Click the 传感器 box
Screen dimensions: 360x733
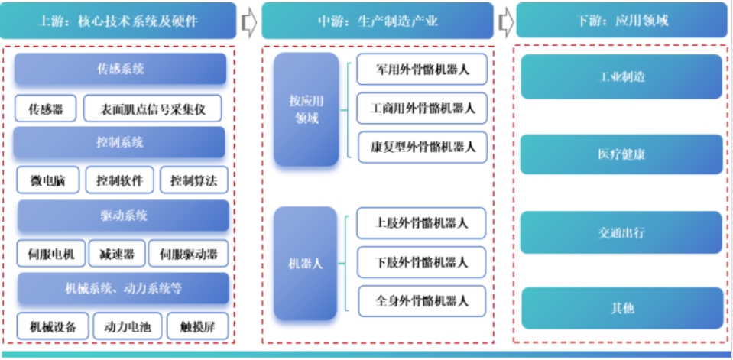point(45,109)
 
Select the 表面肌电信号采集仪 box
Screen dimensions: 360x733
point(152,109)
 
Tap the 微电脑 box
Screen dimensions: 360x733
point(47,181)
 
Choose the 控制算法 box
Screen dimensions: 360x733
point(194,181)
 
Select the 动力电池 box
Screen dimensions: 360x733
point(127,326)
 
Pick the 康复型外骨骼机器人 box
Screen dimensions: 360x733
point(422,146)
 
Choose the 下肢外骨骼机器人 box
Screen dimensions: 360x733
point(422,262)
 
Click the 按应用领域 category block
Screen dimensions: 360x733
point(306,109)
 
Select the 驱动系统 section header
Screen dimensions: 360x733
point(123,216)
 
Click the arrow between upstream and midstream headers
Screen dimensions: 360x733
point(248,21)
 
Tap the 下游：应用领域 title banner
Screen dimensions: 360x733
point(620,21)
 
